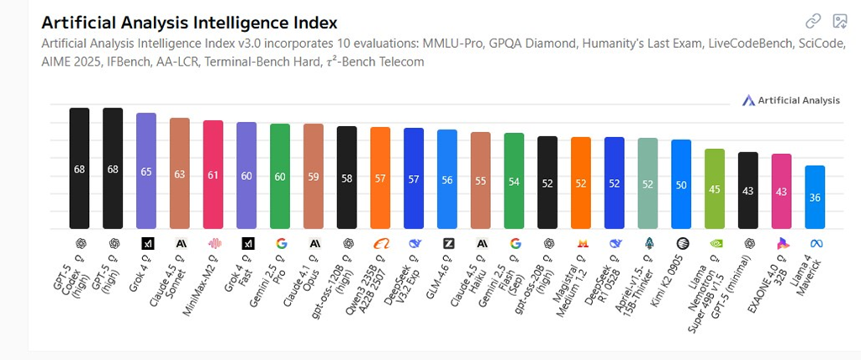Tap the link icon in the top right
click(x=813, y=22)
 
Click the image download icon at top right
click(x=839, y=22)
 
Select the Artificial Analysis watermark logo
click(x=790, y=100)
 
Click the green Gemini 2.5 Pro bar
click(x=280, y=176)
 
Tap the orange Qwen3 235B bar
click(x=380, y=177)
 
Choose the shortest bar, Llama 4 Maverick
click(x=815, y=197)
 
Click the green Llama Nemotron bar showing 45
click(x=715, y=188)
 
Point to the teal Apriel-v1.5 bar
click(x=647, y=183)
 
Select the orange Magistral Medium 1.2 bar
click(x=581, y=183)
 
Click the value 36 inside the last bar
click(x=815, y=199)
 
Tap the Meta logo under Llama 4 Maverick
click(x=815, y=243)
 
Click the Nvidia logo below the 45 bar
click(x=715, y=243)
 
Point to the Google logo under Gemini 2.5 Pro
click(x=280, y=243)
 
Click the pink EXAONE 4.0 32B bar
click(x=781, y=191)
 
